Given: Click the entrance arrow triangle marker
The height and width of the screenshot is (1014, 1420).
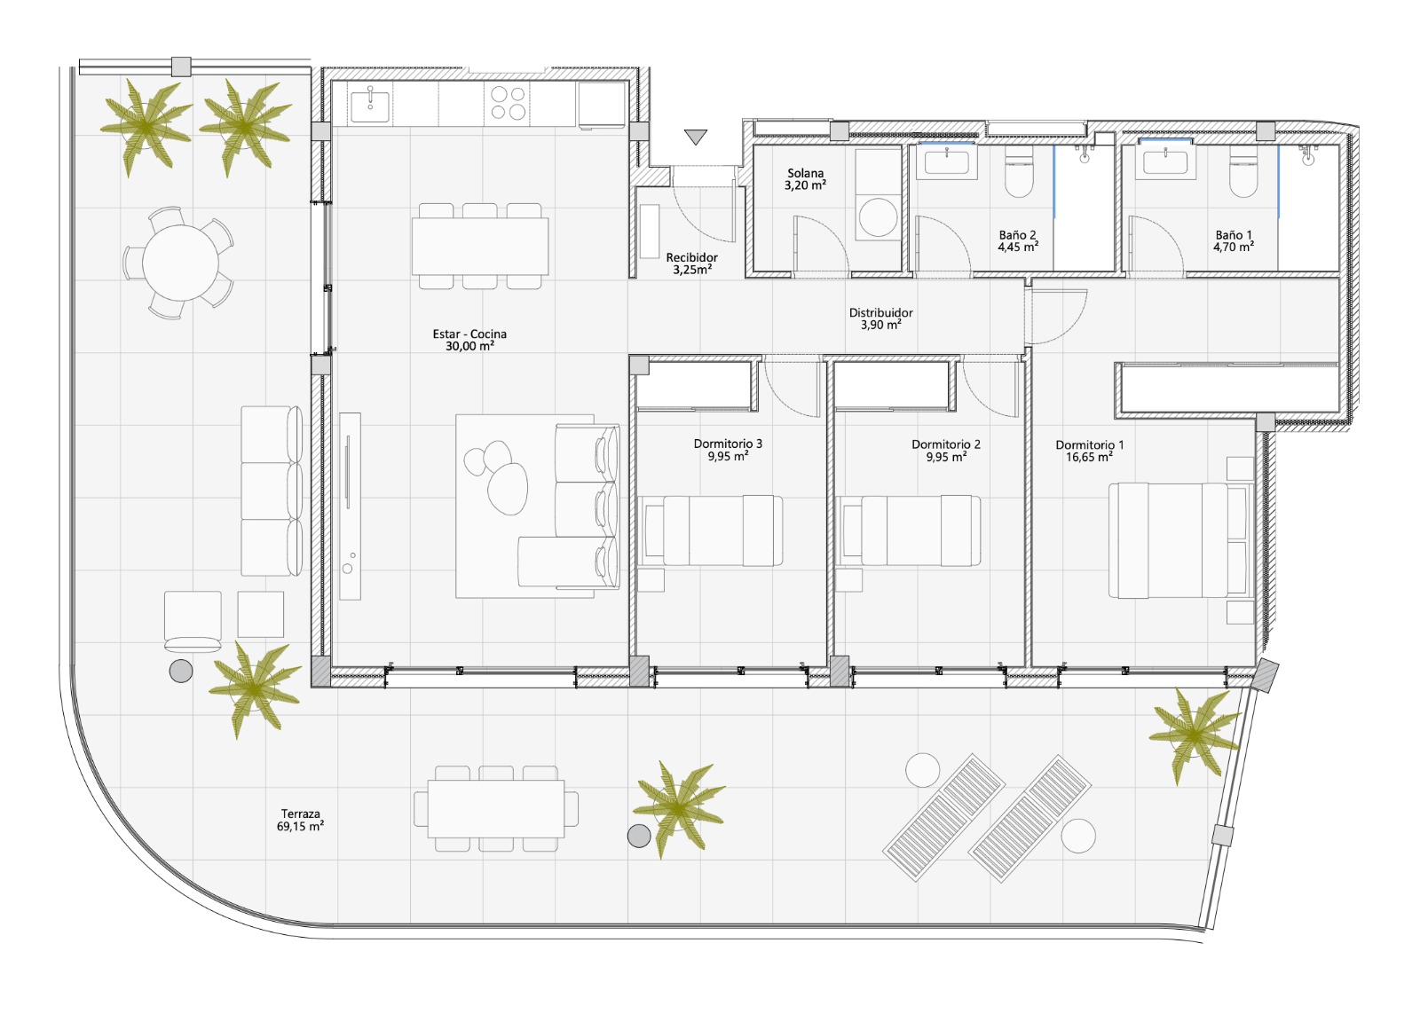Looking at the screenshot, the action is coord(696,137).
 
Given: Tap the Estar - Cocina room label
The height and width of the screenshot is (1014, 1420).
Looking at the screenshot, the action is coord(469,334).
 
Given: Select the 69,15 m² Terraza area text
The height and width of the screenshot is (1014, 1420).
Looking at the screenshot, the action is coord(301,827).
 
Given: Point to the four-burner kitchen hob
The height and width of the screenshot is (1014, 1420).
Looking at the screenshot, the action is coord(508,103).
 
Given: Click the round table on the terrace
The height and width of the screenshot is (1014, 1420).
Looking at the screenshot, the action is coord(181,263).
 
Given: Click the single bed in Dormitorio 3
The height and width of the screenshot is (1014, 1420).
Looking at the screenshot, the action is coord(714,531).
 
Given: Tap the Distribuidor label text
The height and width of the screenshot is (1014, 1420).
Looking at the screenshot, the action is coord(881,312).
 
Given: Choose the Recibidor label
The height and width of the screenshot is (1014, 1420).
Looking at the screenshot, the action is coord(691,257).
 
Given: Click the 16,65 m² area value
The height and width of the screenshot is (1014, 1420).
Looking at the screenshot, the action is coord(1089,457).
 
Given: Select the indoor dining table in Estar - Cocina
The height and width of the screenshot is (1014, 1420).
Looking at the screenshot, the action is coord(480,246).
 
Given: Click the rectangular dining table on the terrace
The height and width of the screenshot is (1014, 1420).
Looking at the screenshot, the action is coord(496,809).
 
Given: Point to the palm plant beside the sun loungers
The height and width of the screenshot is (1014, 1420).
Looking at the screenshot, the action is coord(1195,735).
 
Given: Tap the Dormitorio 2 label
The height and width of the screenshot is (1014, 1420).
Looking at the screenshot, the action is coord(946,444).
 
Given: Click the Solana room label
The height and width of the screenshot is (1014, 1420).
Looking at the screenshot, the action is coord(805,173).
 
